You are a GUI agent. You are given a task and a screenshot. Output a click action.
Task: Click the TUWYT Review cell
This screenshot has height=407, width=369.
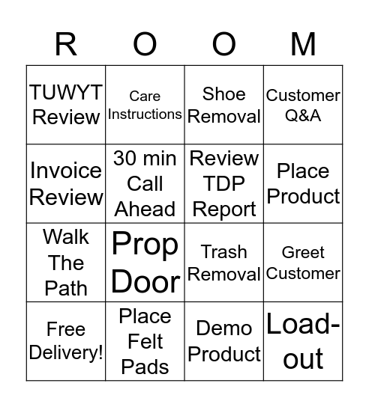click(66, 105)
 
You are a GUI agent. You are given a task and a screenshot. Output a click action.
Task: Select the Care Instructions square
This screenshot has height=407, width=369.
click(145, 105)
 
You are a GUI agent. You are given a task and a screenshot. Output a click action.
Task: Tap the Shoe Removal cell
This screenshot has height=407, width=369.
click(224, 105)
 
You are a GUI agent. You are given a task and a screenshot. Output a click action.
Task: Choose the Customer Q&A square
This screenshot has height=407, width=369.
click(303, 105)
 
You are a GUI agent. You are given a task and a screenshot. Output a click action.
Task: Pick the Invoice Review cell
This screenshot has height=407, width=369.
click(66, 183)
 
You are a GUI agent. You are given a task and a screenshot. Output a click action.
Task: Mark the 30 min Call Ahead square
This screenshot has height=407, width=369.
click(145, 183)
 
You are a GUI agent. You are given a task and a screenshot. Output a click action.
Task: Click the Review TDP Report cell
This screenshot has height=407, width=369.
click(224, 183)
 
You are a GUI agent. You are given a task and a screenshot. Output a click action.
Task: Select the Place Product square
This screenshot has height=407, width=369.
click(303, 183)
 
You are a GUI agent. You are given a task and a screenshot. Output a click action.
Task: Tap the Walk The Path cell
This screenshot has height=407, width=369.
click(66, 263)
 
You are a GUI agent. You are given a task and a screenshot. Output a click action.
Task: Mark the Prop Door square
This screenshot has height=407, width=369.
click(145, 263)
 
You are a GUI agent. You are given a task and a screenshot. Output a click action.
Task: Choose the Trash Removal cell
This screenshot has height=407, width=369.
click(224, 263)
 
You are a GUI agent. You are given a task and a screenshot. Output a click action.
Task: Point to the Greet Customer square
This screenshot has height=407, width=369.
click(303, 263)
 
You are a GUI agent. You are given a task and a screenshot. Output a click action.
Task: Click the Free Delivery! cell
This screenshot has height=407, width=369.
click(66, 341)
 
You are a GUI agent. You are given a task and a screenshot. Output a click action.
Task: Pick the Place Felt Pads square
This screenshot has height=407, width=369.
click(145, 341)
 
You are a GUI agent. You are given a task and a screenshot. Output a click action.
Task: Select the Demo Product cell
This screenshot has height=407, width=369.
click(224, 341)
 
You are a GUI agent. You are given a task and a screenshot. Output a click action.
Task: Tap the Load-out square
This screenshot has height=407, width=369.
click(303, 341)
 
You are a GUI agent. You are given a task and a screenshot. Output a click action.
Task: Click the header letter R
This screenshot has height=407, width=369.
click(66, 45)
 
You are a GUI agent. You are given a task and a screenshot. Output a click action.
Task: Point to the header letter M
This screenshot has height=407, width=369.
click(303, 45)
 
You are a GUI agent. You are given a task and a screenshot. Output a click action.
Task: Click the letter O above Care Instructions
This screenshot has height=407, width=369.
click(145, 45)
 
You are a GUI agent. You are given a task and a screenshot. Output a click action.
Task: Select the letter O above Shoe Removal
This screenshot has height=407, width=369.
click(224, 45)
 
